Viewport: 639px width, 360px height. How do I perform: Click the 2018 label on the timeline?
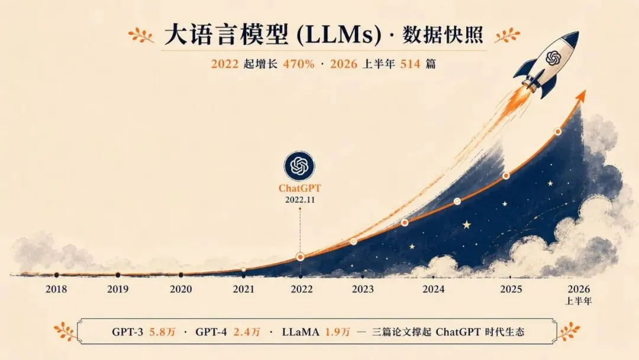click(x=56, y=289)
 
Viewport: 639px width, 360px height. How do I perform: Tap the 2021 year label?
click(x=243, y=289)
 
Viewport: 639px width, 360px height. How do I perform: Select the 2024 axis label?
click(x=433, y=289)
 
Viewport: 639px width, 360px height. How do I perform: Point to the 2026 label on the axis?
click(x=579, y=289)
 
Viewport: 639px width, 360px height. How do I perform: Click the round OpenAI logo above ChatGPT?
click(x=299, y=166)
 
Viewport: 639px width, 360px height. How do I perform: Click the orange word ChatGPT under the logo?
click(x=299, y=188)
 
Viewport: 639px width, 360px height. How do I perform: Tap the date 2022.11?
click(x=300, y=200)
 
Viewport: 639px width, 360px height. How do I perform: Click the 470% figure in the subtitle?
click(x=299, y=64)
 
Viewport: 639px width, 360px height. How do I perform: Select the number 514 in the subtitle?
click(x=410, y=64)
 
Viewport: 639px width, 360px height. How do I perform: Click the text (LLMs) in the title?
click(x=339, y=36)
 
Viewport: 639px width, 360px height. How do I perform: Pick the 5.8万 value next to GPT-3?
click(x=162, y=332)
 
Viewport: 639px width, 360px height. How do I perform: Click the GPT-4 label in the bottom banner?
click(x=211, y=332)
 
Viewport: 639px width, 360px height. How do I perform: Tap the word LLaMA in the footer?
click(x=301, y=332)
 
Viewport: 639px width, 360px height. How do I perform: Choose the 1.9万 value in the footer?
click(x=337, y=332)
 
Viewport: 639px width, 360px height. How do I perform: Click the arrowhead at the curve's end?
click(x=582, y=97)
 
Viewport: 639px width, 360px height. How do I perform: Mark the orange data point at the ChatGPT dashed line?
click(x=301, y=257)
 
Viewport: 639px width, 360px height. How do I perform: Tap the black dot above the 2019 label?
click(x=118, y=275)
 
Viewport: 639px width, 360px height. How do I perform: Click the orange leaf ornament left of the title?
click(x=141, y=36)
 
